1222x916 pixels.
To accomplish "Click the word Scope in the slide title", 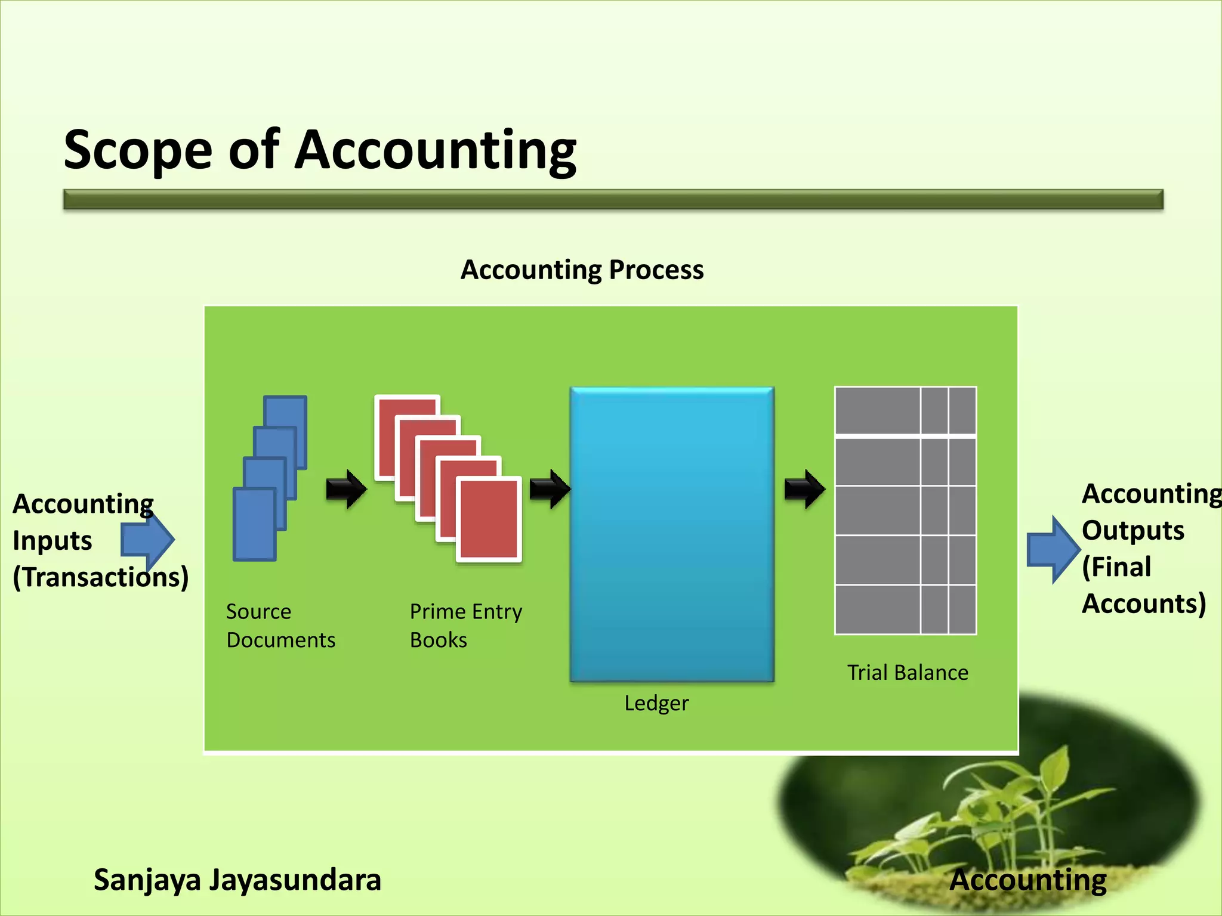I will (x=138, y=150).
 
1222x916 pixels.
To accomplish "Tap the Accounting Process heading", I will (x=582, y=270).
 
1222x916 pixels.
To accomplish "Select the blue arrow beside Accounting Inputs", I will (x=149, y=540).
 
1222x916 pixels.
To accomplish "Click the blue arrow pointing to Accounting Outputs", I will (x=1054, y=549).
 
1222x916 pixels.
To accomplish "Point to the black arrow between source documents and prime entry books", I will (x=346, y=490).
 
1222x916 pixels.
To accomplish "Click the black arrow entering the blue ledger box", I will (x=550, y=490).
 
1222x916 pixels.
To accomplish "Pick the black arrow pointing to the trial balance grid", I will (x=804, y=490).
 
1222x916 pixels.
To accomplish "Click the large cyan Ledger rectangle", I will (x=672, y=534).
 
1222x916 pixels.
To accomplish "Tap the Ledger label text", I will (x=656, y=703).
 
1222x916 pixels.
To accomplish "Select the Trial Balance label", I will (x=908, y=673).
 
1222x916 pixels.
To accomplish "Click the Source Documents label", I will (x=280, y=626).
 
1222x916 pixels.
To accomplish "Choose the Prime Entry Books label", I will (x=465, y=626).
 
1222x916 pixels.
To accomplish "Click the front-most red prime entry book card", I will (x=489, y=519).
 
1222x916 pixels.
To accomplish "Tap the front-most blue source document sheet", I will (x=254, y=524).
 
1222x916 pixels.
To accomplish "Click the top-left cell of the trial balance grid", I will (x=877, y=411).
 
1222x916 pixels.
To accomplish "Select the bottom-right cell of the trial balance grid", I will (x=962, y=609).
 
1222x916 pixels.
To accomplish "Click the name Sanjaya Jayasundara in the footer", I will (x=237, y=880).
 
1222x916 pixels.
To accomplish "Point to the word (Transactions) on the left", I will (x=101, y=577).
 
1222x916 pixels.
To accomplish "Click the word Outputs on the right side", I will (x=1132, y=530).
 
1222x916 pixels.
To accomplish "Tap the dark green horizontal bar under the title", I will (x=613, y=199).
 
